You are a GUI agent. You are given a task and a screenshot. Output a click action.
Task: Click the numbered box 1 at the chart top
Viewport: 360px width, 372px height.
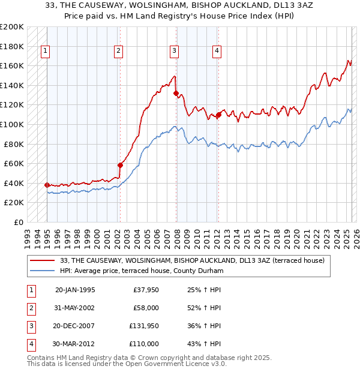click(x=46, y=52)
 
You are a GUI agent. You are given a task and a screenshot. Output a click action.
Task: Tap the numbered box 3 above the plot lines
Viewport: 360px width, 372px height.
click(x=173, y=52)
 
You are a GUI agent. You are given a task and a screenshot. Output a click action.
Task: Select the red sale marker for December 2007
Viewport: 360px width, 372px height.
click(x=176, y=93)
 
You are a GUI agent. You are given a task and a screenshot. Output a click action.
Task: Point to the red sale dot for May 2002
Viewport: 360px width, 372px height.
click(x=120, y=165)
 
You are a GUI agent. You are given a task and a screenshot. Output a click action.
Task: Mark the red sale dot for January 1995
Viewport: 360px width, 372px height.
click(x=47, y=185)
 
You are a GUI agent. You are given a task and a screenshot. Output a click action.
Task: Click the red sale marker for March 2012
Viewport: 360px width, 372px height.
click(x=219, y=115)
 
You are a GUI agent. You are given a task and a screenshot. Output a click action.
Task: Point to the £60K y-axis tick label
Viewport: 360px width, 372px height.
click(x=13, y=163)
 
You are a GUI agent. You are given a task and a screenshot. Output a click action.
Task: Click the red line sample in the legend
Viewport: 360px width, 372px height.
click(x=43, y=260)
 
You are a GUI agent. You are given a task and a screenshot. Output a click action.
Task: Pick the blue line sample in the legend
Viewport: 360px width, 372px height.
click(x=43, y=271)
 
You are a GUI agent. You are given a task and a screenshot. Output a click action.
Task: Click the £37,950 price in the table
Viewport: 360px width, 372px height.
click(x=145, y=290)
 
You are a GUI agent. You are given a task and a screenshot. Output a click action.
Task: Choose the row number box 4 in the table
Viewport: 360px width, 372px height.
click(x=30, y=344)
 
